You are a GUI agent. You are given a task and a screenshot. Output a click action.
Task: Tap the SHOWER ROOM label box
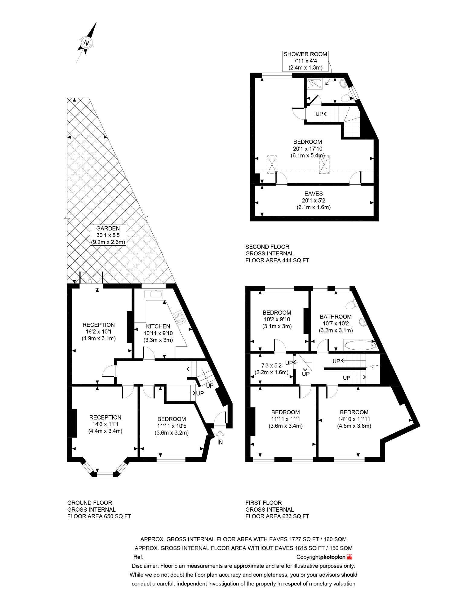(x=305, y=61)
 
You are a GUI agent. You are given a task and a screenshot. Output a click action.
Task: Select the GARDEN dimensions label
(x=108, y=235)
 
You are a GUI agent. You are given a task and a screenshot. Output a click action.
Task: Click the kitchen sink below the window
(x=154, y=294)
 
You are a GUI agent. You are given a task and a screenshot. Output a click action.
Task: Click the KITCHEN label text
(x=158, y=326)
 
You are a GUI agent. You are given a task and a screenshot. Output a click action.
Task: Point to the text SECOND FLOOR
(x=267, y=247)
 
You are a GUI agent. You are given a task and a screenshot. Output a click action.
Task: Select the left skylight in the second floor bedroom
(x=272, y=164)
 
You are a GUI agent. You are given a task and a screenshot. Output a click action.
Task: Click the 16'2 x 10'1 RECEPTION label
(x=99, y=332)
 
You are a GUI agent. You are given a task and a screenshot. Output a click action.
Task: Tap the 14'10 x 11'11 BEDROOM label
(x=354, y=419)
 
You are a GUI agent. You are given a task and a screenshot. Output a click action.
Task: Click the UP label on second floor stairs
(x=319, y=114)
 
